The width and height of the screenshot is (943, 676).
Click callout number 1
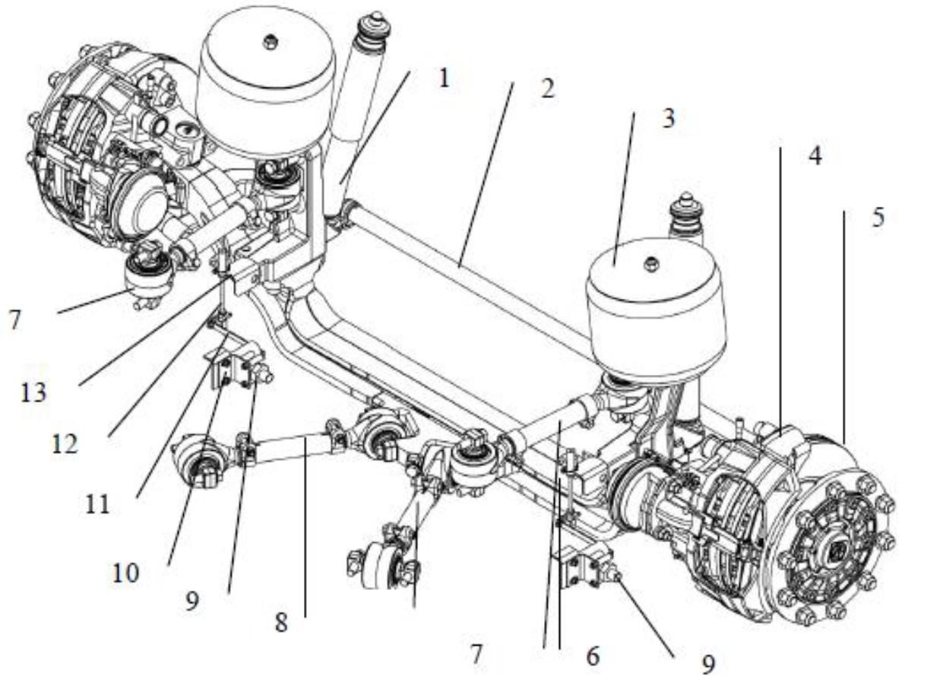click(443, 78)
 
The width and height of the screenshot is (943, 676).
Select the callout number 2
click(547, 88)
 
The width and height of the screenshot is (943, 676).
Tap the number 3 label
click(668, 118)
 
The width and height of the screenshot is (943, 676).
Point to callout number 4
click(815, 156)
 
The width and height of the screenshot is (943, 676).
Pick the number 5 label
click(878, 217)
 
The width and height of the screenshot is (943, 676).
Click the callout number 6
click(593, 655)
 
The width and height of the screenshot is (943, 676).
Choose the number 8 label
click(281, 622)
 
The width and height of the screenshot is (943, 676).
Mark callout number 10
click(125, 573)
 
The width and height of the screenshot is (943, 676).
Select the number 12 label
click(65, 443)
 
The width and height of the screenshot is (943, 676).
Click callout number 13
click(33, 392)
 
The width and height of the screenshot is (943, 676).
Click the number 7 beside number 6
click(476, 655)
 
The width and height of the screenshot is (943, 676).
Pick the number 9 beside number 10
click(191, 601)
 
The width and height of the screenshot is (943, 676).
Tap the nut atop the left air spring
click(268, 41)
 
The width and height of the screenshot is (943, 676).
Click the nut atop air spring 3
click(651, 262)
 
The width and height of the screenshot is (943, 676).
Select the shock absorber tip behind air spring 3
click(687, 196)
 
